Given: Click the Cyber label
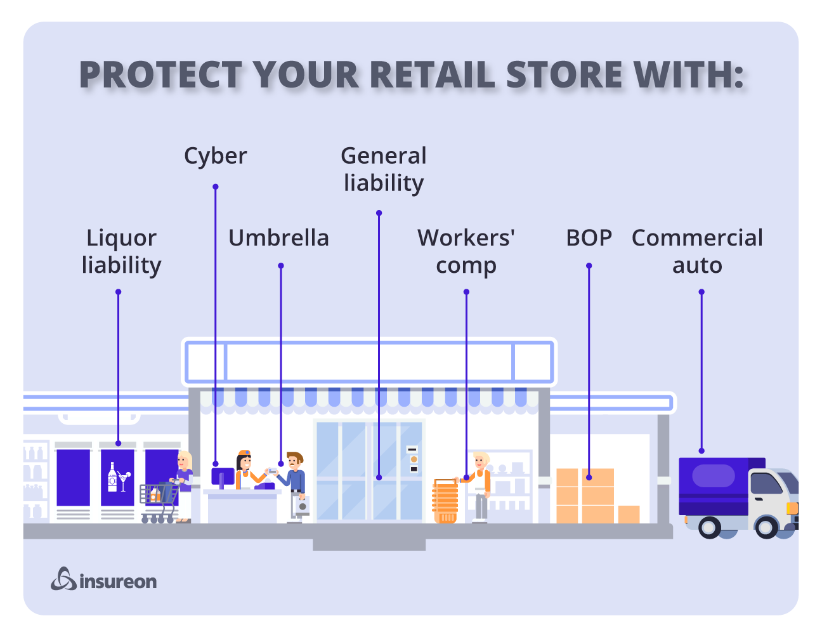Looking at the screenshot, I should coord(215,156).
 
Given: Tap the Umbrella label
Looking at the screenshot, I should coord(278,238).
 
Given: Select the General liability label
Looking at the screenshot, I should coord(383,169).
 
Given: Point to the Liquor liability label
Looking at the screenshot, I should coord(121,251).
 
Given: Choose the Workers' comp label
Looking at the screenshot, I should coord(466,251).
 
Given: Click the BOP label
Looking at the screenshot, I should coord(589,238).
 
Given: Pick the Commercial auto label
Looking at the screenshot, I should coord(697,251).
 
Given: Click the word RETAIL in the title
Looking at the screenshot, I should coord(432,75).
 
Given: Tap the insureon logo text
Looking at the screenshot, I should coord(118,581).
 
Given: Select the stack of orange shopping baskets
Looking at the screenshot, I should coord(445,501).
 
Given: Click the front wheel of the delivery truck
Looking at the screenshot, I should coord(766,527).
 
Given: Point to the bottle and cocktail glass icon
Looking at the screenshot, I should coord(118,477).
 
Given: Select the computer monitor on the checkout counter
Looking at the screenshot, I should coord(222,476).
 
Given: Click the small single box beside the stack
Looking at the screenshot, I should coord(629,514).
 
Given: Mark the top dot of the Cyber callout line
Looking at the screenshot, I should coord(216,187).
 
